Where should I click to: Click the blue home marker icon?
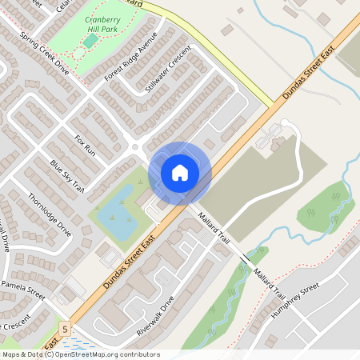(180, 172)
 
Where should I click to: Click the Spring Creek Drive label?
(45, 54)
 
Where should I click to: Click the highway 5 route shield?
(64, 328)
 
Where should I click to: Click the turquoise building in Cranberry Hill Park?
(90, 39)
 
